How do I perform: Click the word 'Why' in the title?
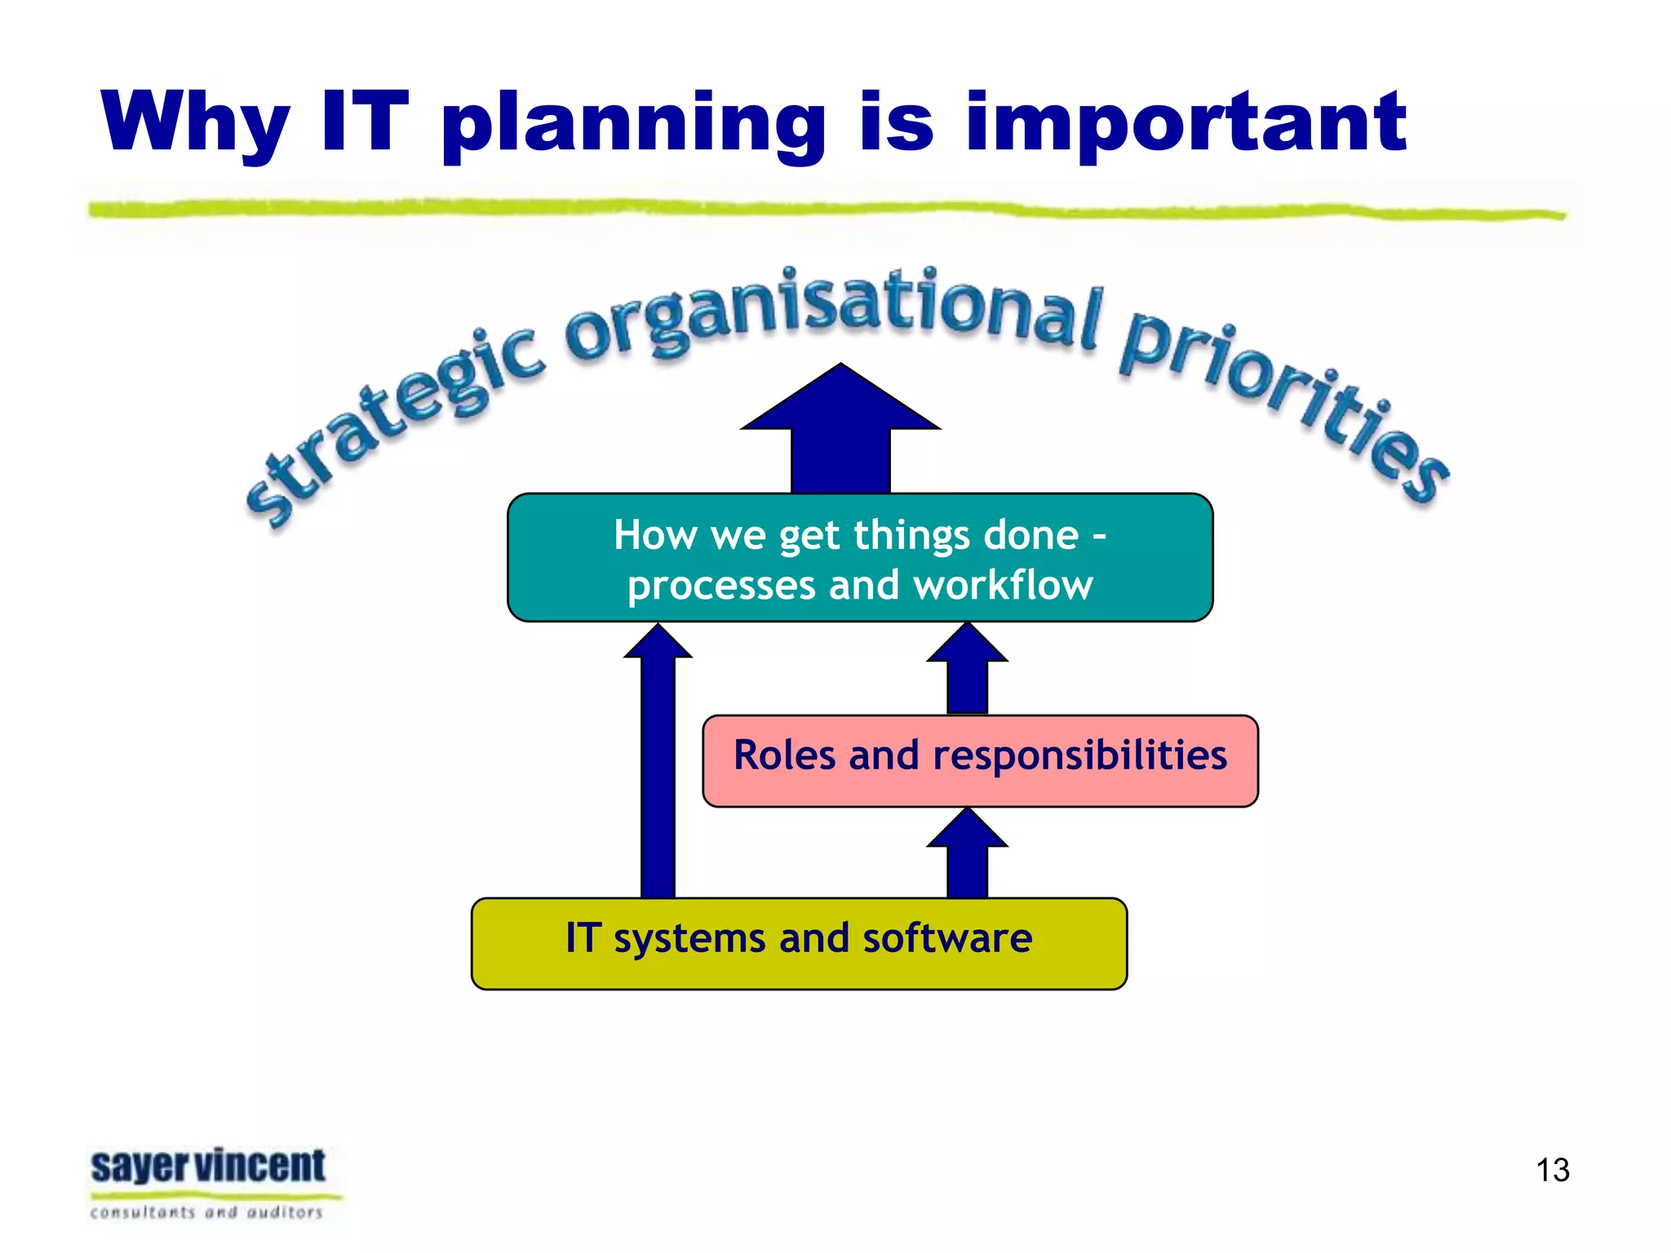click(196, 122)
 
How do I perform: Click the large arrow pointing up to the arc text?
click(840, 432)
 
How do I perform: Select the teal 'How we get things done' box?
click(860, 558)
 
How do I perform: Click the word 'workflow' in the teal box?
click(1003, 586)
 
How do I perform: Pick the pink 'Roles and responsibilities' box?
click(980, 761)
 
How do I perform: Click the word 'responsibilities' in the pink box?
click(1079, 755)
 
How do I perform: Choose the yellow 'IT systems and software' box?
click(799, 944)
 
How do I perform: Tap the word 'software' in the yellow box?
click(947, 938)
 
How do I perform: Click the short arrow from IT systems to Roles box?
click(967, 857)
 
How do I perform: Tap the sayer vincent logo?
click(208, 1167)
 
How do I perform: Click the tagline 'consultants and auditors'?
click(206, 1213)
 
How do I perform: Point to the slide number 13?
click(1552, 1170)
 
